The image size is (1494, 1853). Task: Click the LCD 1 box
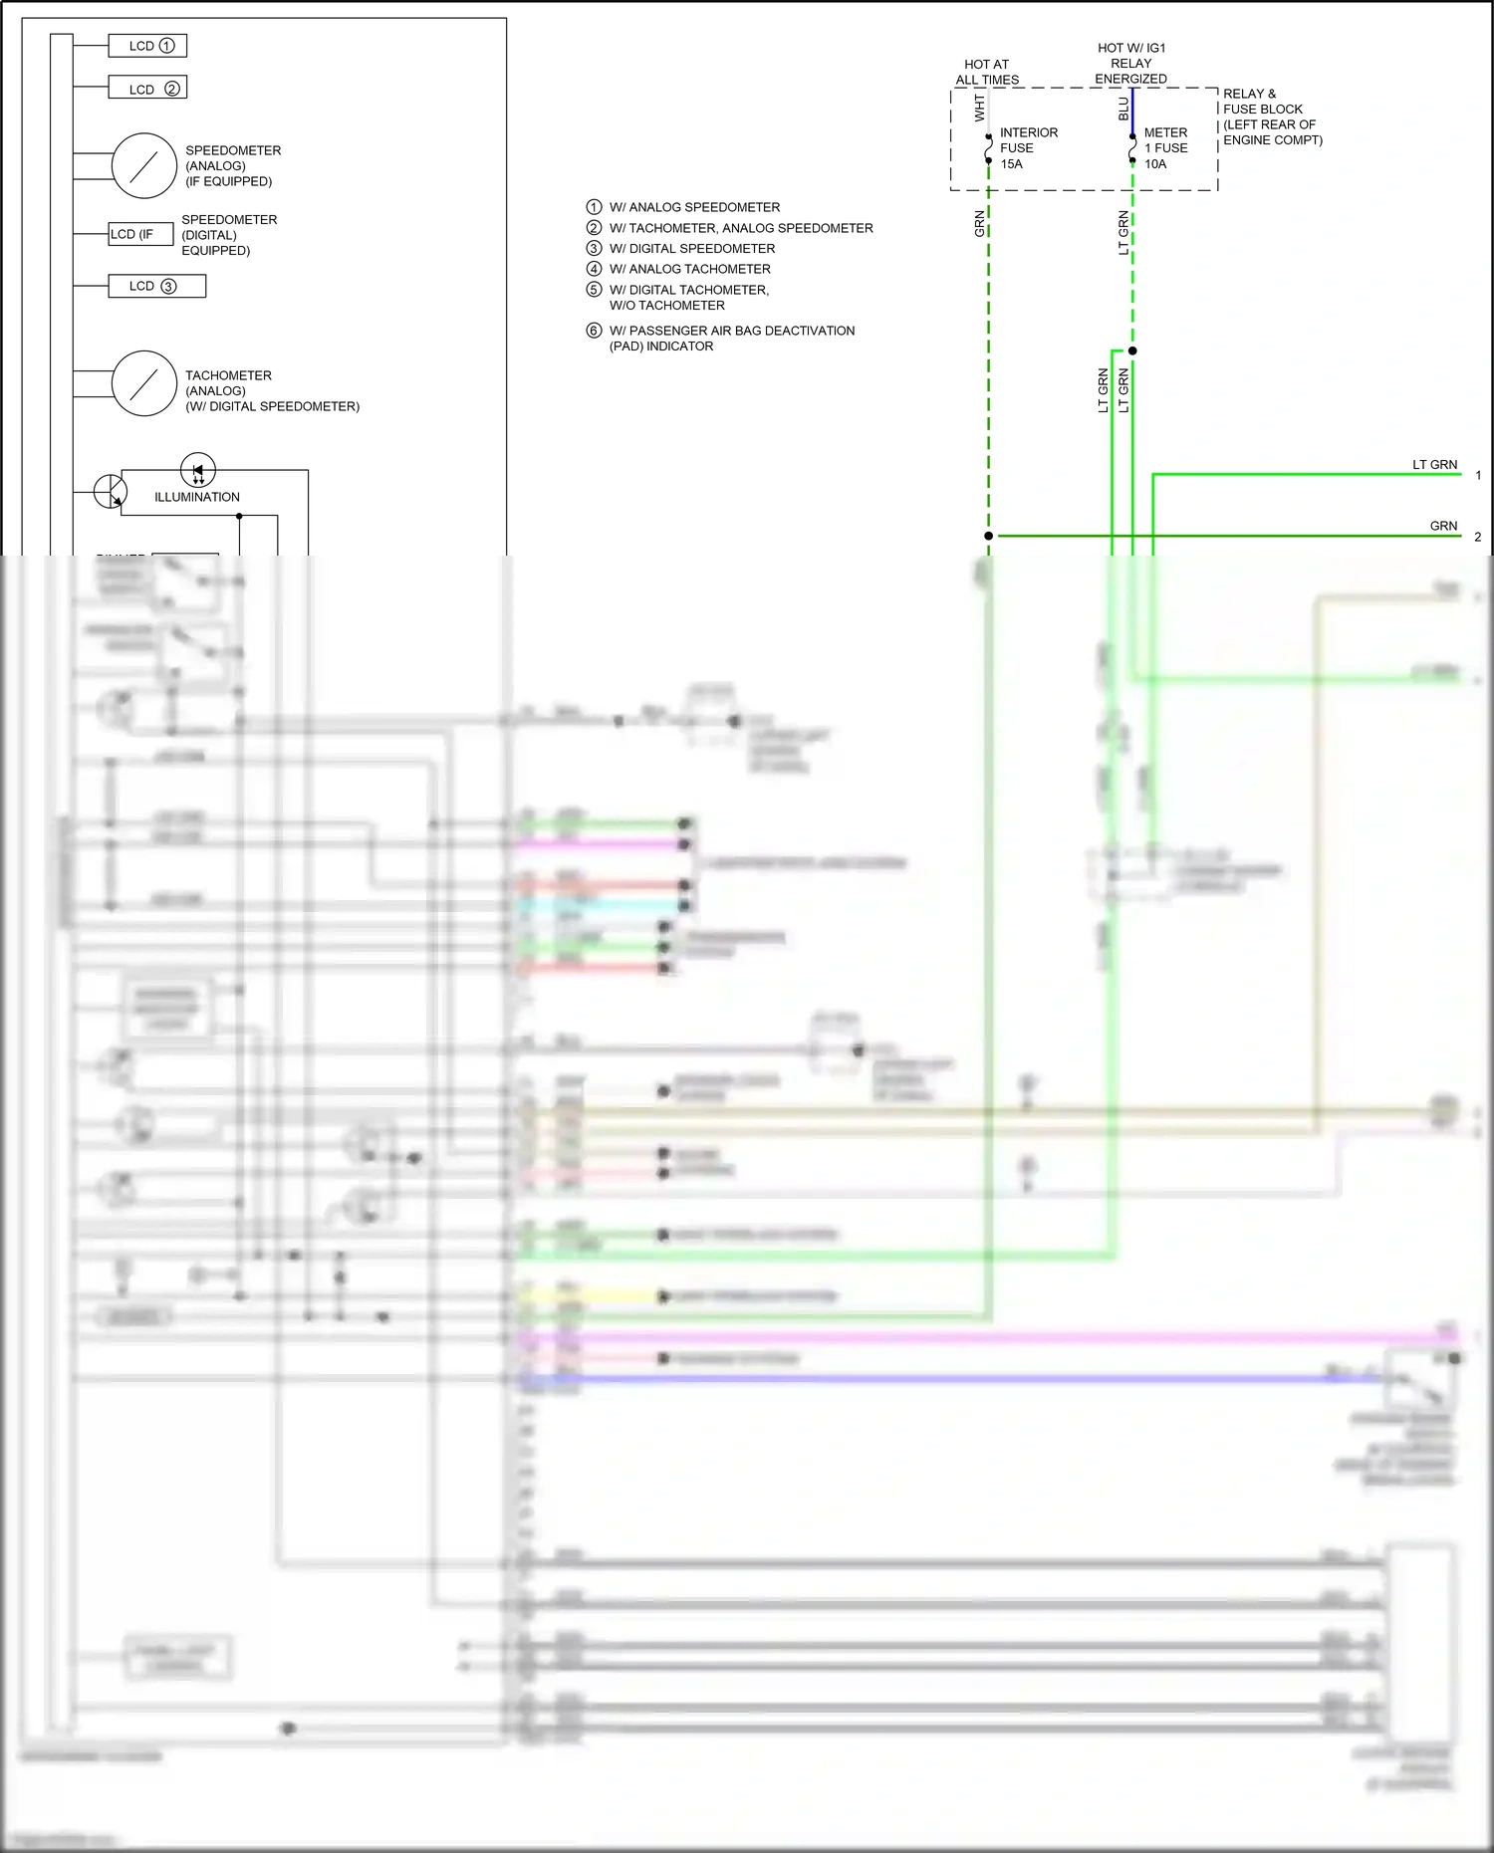(147, 46)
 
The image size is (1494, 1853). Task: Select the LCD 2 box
(147, 89)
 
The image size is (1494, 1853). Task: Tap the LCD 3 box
(156, 286)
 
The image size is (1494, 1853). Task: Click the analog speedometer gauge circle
(144, 165)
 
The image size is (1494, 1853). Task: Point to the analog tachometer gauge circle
(144, 382)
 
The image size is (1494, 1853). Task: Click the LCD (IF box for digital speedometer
(140, 234)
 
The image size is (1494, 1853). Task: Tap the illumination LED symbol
(198, 470)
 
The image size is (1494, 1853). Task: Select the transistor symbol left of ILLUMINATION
(110, 491)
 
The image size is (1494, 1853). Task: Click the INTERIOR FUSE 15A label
(1028, 147)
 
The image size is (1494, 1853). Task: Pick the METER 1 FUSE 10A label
(1165, 147)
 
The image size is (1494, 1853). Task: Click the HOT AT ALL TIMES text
(987, 72)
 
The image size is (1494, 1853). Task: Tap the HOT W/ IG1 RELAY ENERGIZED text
(1130, 63)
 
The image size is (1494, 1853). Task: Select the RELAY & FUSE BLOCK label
(1272, 116)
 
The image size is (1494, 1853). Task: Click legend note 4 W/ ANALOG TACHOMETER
(689, 269)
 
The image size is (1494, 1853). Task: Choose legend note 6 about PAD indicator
(731, 338)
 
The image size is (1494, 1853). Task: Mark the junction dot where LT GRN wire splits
(1132, 350)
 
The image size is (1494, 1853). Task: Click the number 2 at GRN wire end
(1477, 537)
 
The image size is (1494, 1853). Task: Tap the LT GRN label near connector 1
(1434, 465)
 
